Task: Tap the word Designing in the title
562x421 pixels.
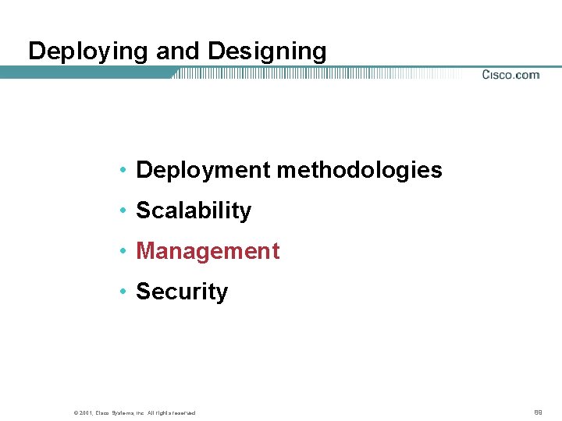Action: coord(267,51)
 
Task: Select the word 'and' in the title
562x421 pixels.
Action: coord(179,51)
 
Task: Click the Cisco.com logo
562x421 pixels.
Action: coord(510,75)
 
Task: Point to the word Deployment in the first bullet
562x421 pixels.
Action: coord(204,170)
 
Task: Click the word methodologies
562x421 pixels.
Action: coord(360,170)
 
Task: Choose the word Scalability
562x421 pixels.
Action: coord(194,210)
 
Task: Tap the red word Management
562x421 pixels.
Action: coord(208,251)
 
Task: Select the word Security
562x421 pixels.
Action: coord(182,292)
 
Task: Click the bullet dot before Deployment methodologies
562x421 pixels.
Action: coord(124,171)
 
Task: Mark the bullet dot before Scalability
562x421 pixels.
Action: coord(124,211)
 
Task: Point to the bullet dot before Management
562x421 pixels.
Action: coord(124,252)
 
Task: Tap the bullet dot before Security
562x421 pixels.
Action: coord(124,292)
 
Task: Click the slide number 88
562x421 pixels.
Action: coord(538,411)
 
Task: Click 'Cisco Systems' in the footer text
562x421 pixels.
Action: coord(110,412)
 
